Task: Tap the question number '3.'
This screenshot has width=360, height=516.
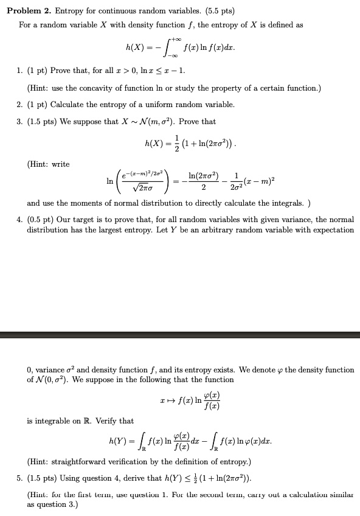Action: pyautogui.click(x=19, y=122)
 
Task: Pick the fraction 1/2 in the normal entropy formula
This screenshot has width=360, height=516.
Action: pyautogui.click(x=175, y=143)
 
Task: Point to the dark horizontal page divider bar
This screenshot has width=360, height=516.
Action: pyautogui.click(x=180, y=335)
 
